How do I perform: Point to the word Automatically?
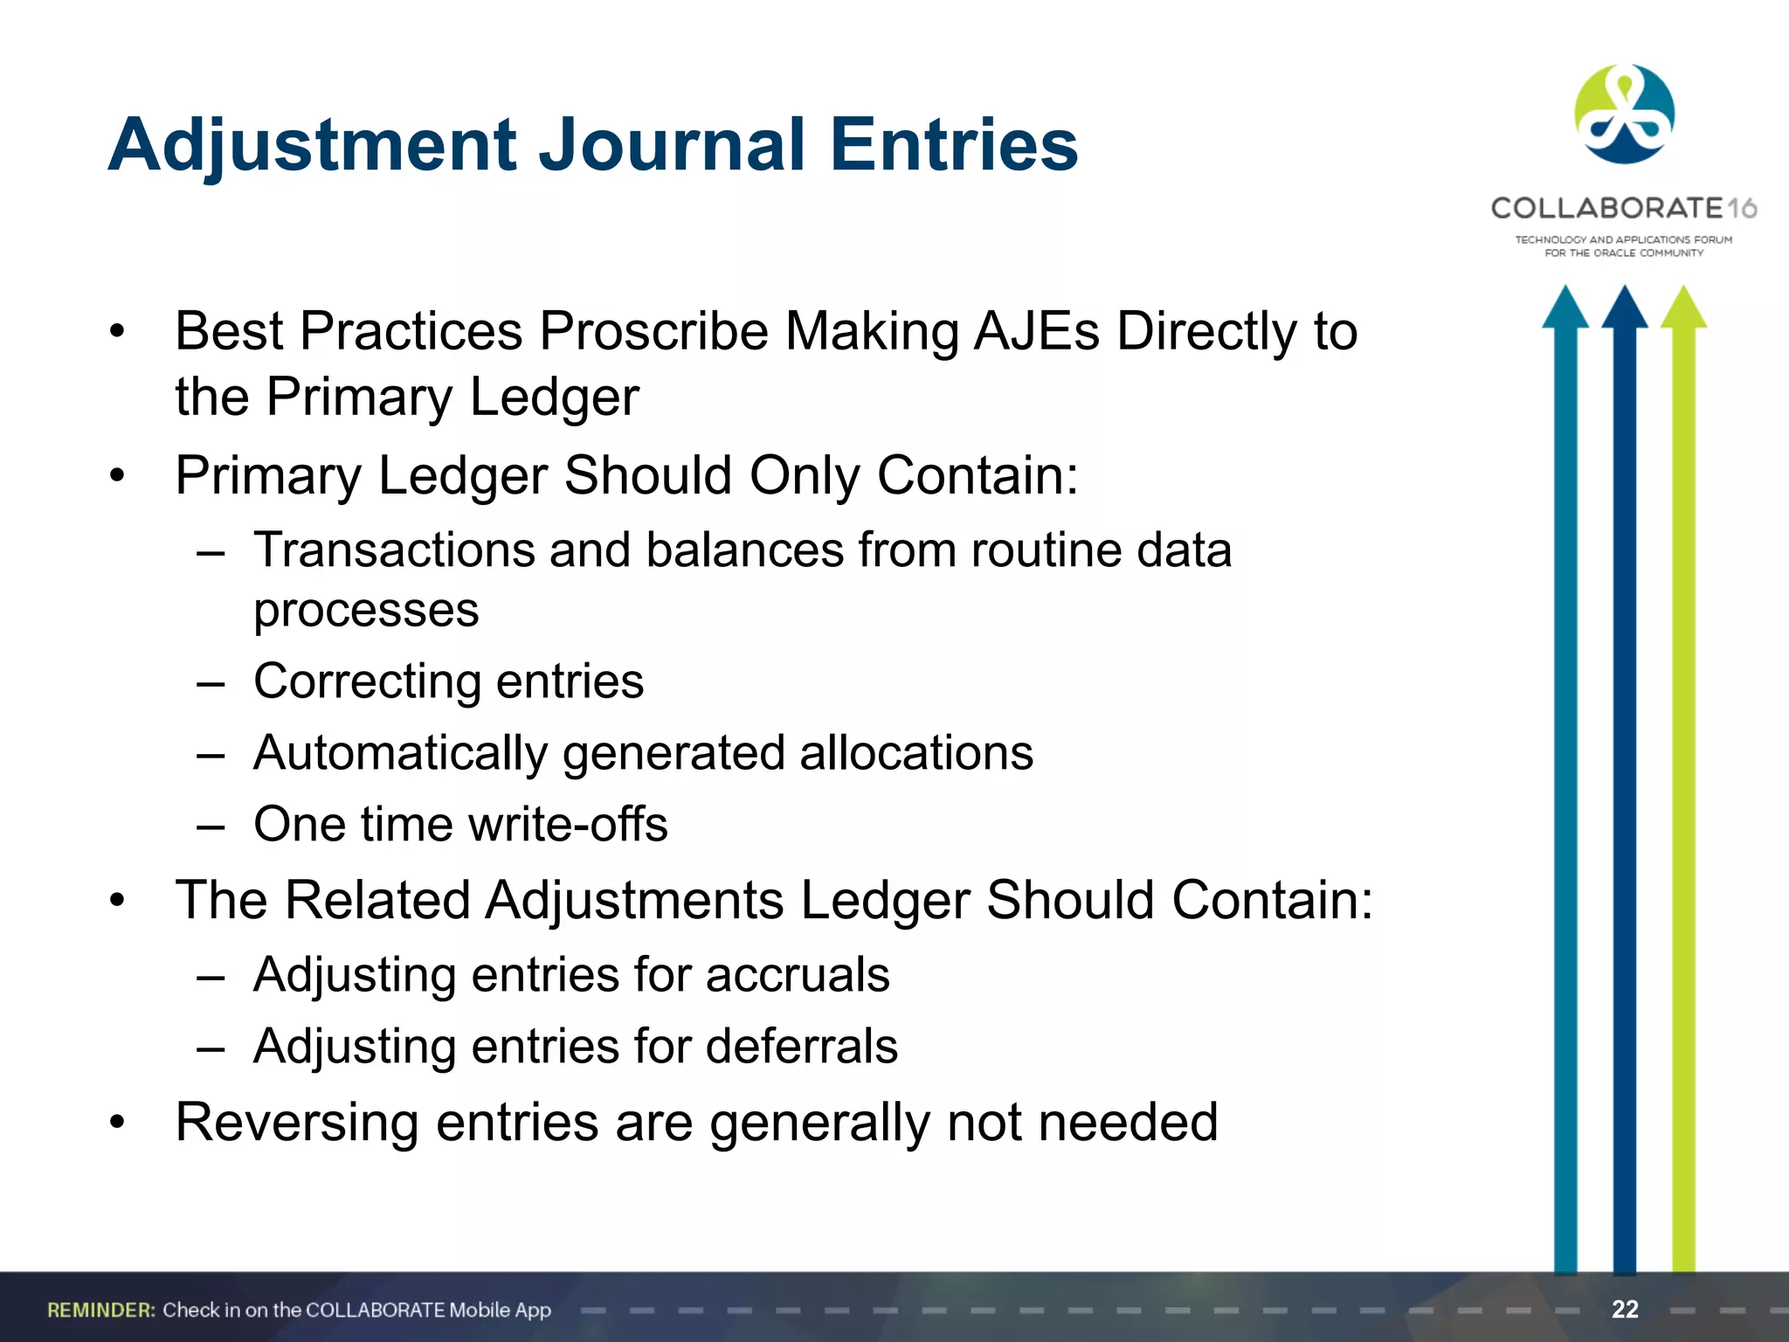pos(400,754)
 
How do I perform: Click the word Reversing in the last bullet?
pos(297,1124)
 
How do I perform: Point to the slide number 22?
pos(1625,1309)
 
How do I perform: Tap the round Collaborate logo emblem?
pos(1624,114)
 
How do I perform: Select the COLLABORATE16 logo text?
pos(1623,208)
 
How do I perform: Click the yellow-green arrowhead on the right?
pos(1683,308)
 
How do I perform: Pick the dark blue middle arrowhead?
pos(1624,308)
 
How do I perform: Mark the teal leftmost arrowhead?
pos(1565,308)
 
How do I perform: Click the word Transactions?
pos(393,551)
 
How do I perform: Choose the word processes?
pos(366,611)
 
